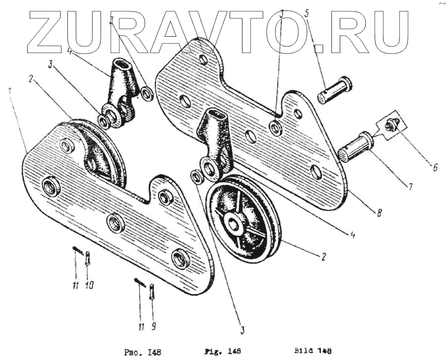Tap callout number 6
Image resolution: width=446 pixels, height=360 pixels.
click(435, 168)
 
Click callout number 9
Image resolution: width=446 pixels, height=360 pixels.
click(152, 326)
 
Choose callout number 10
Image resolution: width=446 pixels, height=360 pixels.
click(89, 285)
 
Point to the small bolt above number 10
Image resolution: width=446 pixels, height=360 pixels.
click(88, 257)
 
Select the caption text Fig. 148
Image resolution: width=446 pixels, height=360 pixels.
click(223, 351)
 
